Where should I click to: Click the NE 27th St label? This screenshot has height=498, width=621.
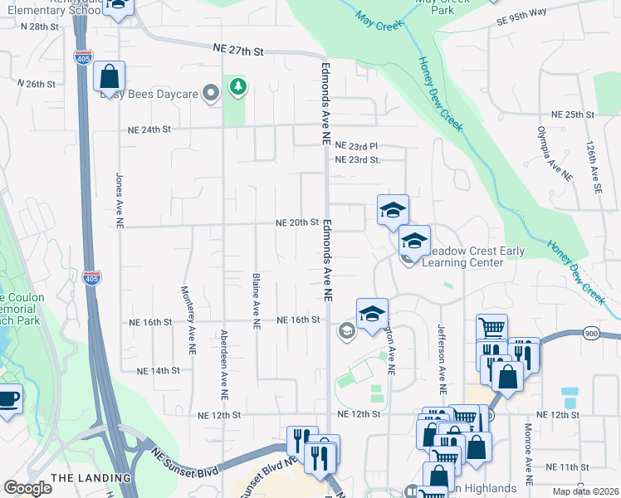tap(239, 51)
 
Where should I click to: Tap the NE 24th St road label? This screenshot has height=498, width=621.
tap(149, 129)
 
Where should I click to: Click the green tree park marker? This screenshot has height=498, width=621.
tap(238, 86)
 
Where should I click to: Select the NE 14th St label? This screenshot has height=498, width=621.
tap(149, 370)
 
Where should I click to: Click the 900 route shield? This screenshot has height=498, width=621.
tap(592, 333)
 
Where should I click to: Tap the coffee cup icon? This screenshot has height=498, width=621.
tap(8, 398)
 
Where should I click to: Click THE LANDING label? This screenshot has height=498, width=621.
tap(90, 478)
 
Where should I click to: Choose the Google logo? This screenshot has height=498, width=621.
tap(28, 488)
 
